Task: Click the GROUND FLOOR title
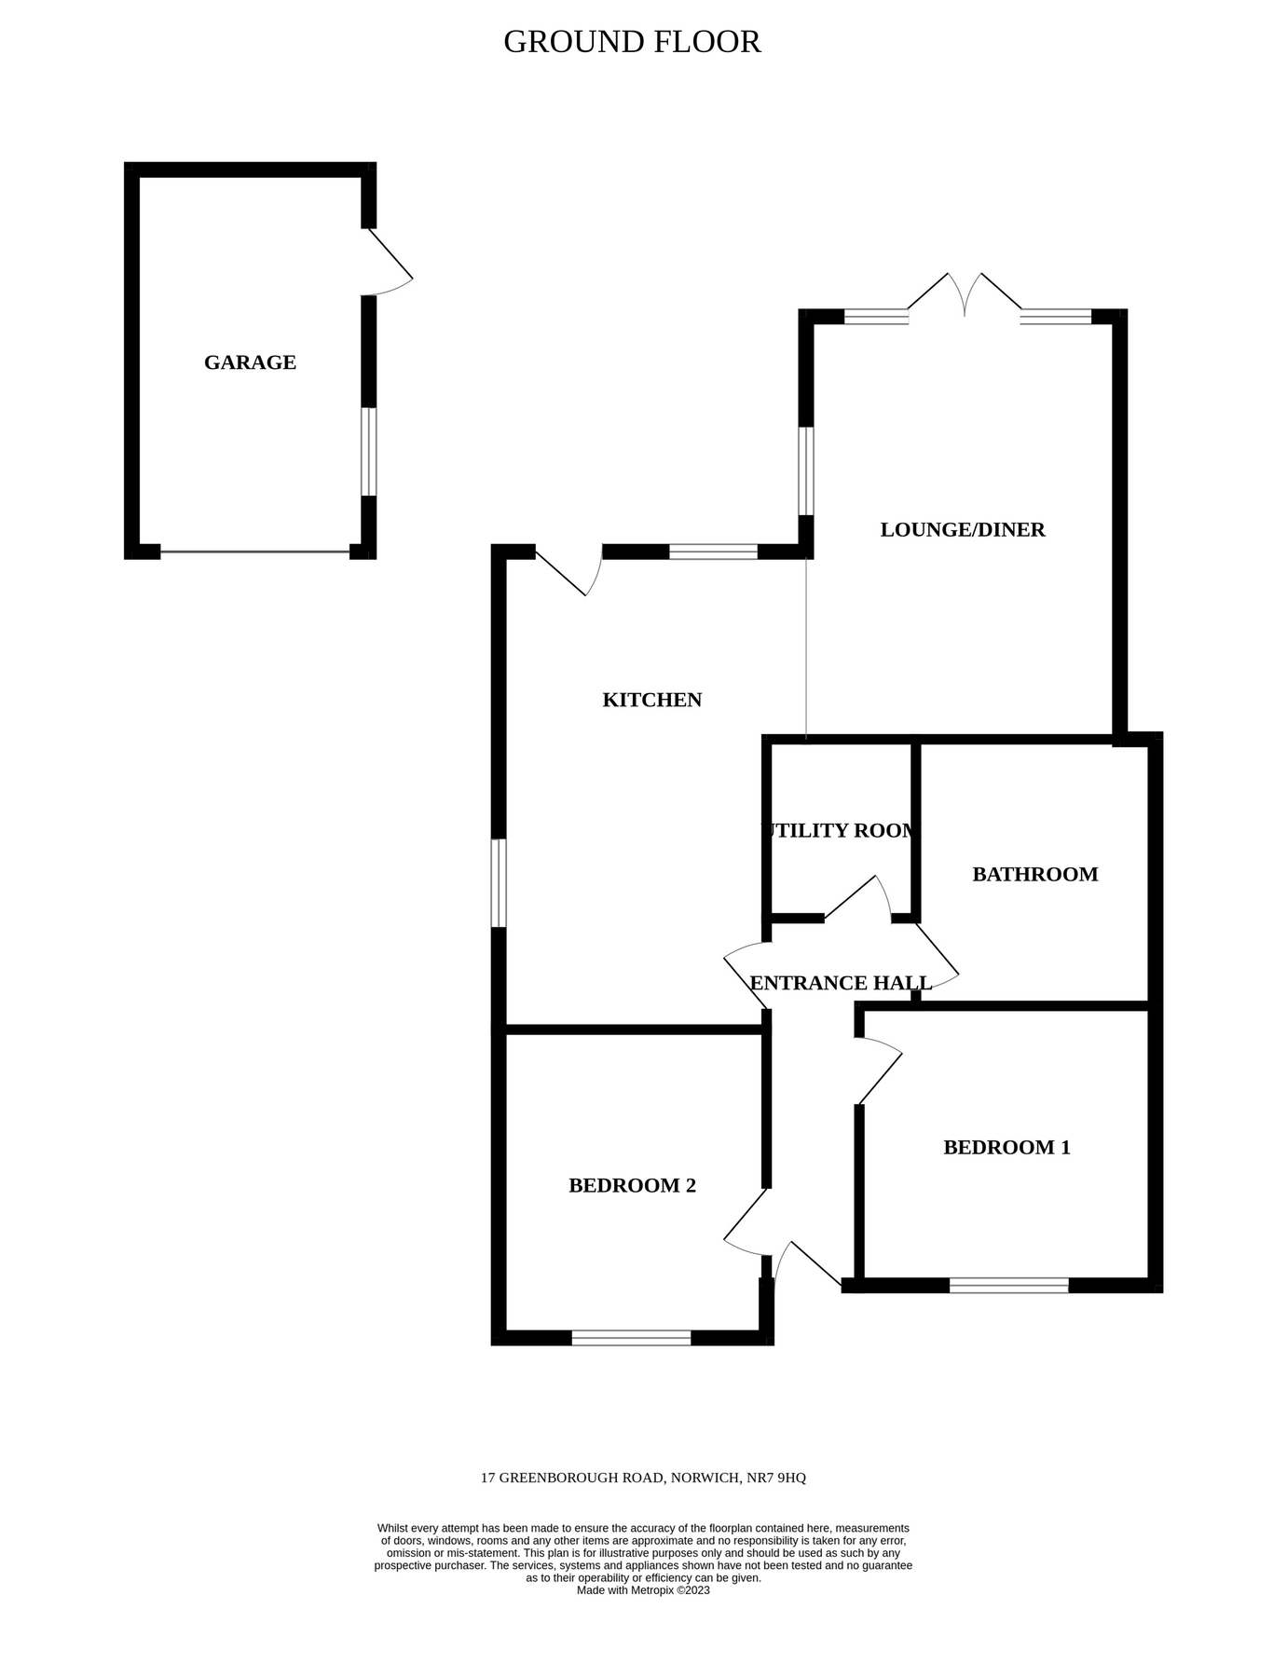[632, 42]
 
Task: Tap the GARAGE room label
[250, 362]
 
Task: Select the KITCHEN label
[651, 700]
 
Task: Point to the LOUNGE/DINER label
[963, 530]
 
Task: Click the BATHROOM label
[1034, 874]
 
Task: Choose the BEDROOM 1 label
[1006, 1147]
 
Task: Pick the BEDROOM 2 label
[632, 1185]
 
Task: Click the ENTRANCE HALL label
[841, 983]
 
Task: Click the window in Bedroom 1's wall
[1008, 1286]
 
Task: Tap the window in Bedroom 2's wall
[631, 1338]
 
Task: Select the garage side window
[369, 452]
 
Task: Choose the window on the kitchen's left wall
[499, 883]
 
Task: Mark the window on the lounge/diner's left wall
[806, 470]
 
